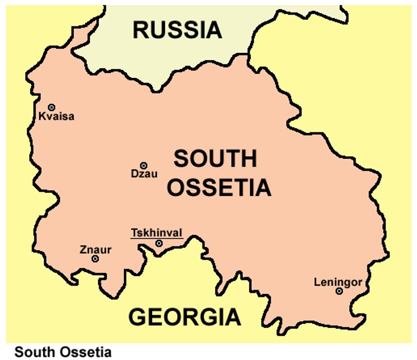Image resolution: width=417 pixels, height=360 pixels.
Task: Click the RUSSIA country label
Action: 178,30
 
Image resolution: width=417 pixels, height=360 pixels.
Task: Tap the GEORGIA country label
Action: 184,317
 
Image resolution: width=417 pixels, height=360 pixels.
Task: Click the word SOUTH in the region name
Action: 215,159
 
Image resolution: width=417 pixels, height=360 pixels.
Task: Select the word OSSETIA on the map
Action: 219,187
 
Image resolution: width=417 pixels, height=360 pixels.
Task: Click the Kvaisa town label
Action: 56,117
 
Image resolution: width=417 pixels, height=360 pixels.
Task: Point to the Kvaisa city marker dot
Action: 51,107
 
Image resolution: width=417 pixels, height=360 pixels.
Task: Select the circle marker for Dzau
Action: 144,166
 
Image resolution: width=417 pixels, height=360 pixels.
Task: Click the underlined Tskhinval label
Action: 156,233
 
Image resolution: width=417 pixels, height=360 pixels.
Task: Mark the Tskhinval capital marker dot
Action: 159,243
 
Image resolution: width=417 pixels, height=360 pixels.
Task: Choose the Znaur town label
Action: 96,250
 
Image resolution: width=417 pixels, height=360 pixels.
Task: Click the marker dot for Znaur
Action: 95,259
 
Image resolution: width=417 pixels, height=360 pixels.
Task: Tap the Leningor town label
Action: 338,282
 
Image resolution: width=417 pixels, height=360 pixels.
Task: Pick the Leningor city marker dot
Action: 339,291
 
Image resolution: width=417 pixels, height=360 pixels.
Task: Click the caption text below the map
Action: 63,352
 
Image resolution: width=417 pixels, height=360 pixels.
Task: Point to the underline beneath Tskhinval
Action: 156,238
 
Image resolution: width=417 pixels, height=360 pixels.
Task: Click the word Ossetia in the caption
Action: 87,352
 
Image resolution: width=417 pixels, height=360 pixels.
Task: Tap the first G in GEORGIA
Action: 138,317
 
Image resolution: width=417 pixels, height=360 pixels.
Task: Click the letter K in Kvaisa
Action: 42,117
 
